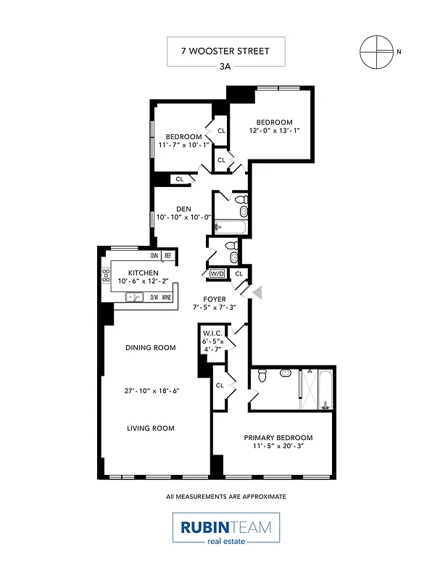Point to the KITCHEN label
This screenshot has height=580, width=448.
[x=143, y=273]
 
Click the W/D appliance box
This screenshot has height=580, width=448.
[x=216, y=274]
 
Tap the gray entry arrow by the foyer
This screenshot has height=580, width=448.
[x=257, y=291]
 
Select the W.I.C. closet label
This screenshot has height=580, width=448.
[x=212, y=333]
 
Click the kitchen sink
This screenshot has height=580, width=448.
[x=134, y=297]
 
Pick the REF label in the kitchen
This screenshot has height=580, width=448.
[x=167, y=255]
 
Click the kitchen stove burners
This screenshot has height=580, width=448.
[x=105, y=275]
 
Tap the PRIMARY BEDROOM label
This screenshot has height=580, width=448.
[x=278, y=437]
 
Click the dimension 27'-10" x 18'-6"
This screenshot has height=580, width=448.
[x=151, y=390]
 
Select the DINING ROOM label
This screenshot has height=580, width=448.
[x=151, y=347]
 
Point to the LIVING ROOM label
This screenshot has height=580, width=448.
[x=151, y=428]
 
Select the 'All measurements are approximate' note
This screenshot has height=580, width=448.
[x=225, y=497]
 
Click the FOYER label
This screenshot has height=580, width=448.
[x=214, y=299]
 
